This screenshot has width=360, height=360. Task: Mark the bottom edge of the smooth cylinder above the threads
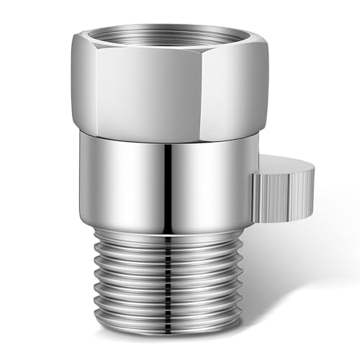click(x=166, y=220)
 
